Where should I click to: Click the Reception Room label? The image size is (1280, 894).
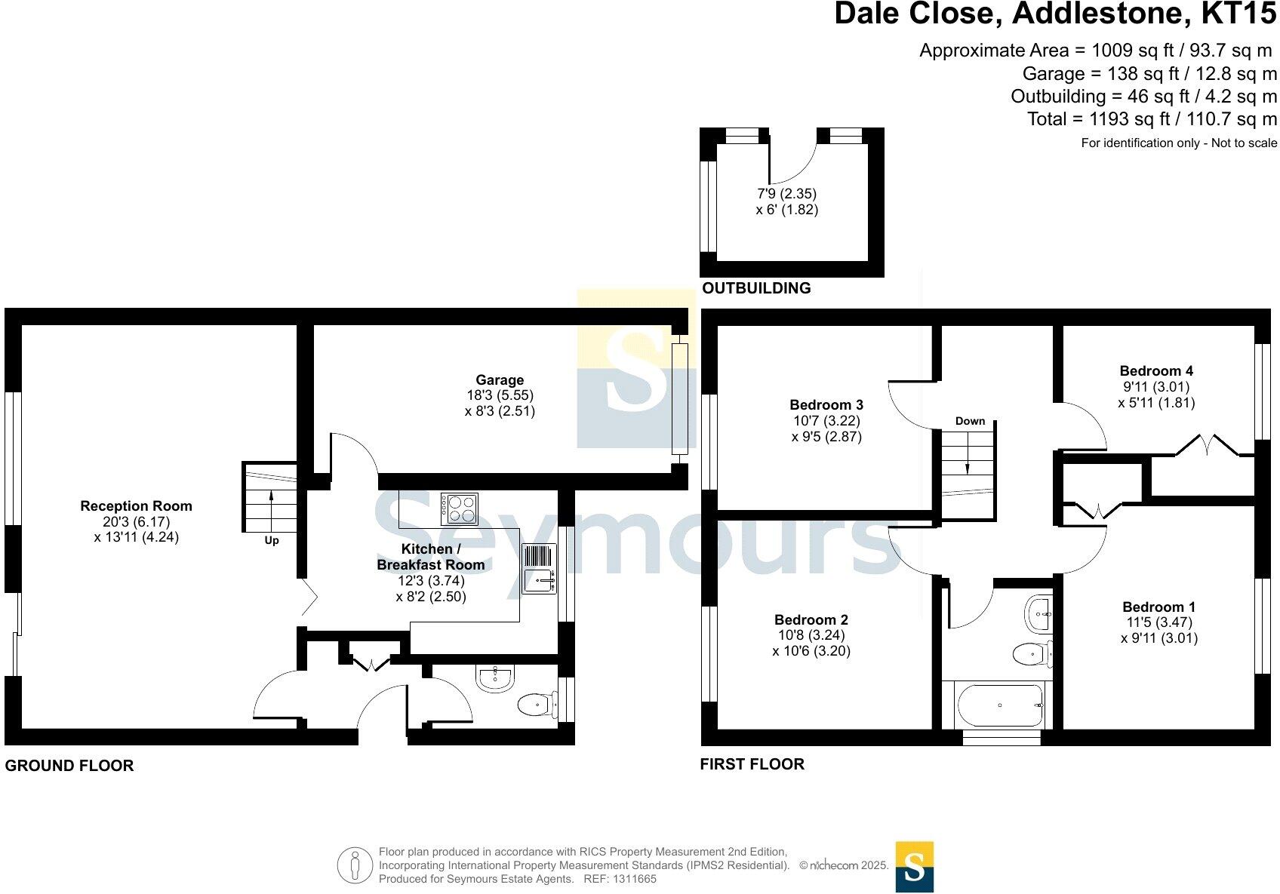click(x=136, y=506)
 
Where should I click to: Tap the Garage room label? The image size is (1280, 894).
click(x=499, y=380)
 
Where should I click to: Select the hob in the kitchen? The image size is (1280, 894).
click(x=460, y=508)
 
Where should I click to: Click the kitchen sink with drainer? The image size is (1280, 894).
click(x=539, y=569)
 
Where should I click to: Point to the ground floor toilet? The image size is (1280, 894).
click(x=535, y=705)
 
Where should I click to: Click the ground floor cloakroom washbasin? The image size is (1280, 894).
click(x=495, y=678)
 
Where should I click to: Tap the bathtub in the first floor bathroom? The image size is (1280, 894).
click(x=1000, y=705)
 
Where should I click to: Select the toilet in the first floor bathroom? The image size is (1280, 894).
click(x=1031, y=653)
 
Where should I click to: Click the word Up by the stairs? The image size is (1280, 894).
click(x=272, y=540)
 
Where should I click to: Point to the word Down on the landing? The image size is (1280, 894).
click(x=970, y=421)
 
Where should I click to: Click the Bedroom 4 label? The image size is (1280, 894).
click(x=1155, y=370)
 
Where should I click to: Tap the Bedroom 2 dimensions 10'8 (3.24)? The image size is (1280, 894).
click(x=811, y=635)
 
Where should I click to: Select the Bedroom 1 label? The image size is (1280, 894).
click(x=1158, y=607)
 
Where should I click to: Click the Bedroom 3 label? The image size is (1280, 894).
click(x=826, y=405)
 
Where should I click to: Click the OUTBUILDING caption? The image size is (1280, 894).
click(x=756, y=288)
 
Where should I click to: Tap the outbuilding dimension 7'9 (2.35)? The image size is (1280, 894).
click(x=787, y=194)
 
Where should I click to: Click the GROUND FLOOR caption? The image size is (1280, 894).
click(x=69, y=766)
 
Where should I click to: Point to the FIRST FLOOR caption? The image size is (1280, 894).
click(x=752, y=764)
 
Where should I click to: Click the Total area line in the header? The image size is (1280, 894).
click(x=1152, y=119)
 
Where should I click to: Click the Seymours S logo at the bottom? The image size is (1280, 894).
click(x=914, y=867)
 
